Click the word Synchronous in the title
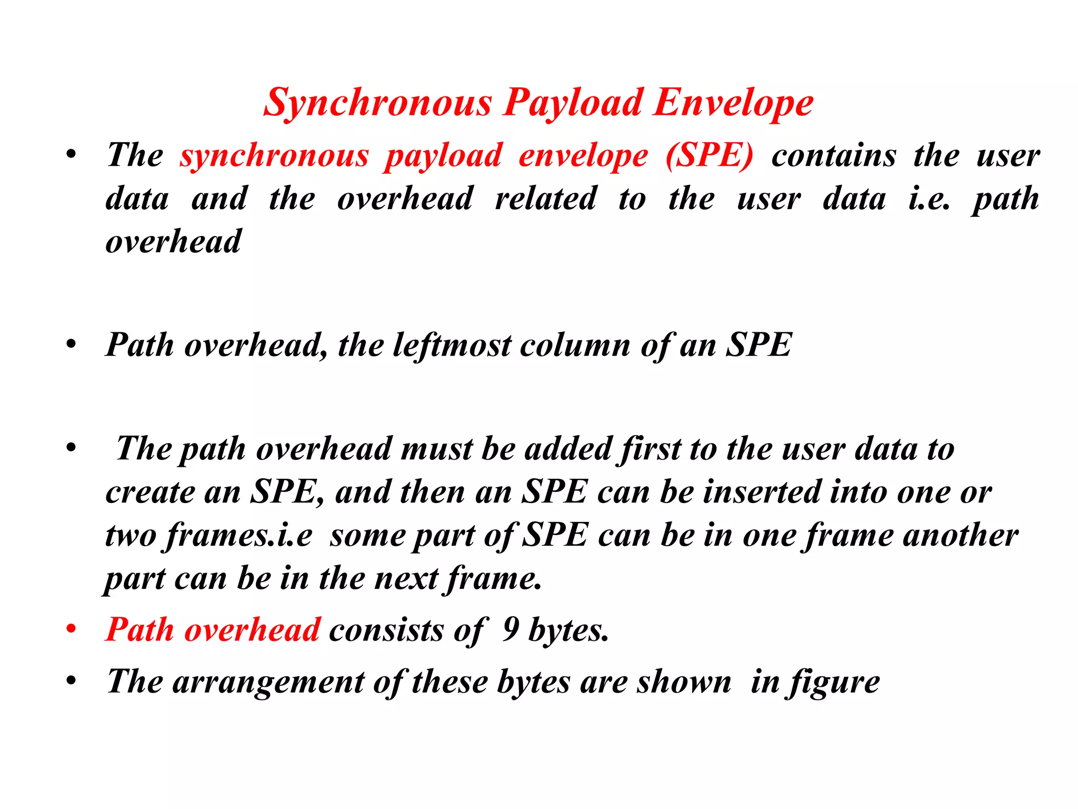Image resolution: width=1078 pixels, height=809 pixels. click(x=377, y=103)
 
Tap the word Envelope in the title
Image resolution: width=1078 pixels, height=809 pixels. click(x=733, y=103)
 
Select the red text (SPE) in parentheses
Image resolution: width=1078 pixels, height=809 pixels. click(x=709, y=156)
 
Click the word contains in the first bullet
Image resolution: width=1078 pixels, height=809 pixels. click(x=834, y=156)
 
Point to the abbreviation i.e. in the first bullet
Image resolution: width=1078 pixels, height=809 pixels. click(x=929, y=199)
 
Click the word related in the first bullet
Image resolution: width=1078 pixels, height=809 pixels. click(x=546, y=199)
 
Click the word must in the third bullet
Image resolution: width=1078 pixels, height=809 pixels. click(x=436, y=449)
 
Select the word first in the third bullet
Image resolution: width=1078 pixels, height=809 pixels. click(x=650, y=449)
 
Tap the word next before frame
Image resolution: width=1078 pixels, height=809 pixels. click(x=406, y=579)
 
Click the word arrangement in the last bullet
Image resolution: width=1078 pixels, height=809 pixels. click(x=268, y=682)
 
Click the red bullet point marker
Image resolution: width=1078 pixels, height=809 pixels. click(x=71, y=629)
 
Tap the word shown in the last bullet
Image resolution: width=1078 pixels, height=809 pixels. click(x=684, y=682)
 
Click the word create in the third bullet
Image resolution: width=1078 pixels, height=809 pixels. click(x=149, y=492)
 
